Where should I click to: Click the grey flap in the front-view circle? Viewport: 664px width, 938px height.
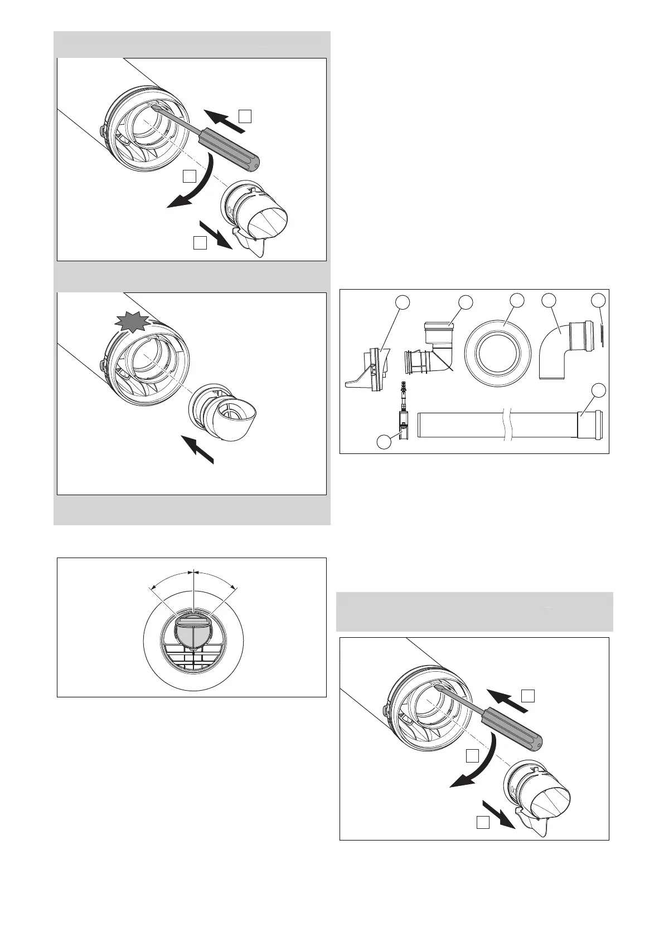point(192,631)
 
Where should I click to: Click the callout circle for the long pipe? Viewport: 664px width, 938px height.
point(598,389)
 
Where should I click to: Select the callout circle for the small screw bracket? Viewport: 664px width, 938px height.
point(383,442)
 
